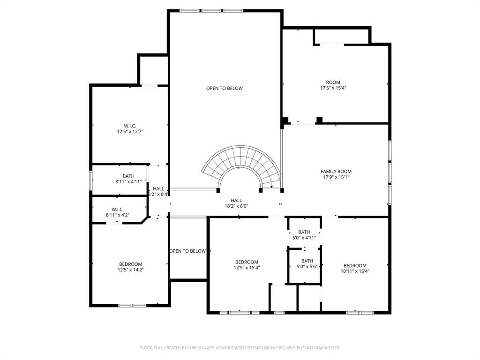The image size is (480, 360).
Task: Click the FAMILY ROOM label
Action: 336,172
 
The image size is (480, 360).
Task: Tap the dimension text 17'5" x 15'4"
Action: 333,88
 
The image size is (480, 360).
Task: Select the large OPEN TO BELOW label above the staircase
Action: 225,89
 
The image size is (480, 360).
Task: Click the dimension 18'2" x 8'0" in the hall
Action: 236,206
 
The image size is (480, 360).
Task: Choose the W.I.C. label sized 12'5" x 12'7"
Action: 130,126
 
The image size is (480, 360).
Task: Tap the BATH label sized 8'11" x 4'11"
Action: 128,176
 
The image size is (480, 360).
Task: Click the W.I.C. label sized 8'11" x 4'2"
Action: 117,210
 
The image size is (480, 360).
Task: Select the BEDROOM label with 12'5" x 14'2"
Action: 130,264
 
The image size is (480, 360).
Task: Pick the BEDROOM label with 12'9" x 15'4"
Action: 247,262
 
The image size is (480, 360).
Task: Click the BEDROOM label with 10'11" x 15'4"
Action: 355,266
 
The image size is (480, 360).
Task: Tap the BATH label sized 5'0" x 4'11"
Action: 304,232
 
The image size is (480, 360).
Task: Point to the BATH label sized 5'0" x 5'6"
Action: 307,261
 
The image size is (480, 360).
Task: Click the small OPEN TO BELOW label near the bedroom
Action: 187,251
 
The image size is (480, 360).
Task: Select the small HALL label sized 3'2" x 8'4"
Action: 158,189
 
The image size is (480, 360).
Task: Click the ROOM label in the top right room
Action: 333,82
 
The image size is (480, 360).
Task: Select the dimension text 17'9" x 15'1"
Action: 336,177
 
